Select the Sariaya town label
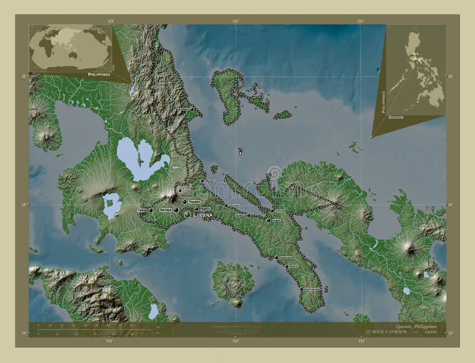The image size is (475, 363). (166, 210)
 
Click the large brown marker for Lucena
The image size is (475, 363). (188, 214)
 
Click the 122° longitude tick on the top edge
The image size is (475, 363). (236, 21)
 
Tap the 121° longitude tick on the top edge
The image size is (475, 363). (110, 21)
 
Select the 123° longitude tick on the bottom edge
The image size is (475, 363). (361, 340)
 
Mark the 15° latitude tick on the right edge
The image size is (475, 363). (450, 77)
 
